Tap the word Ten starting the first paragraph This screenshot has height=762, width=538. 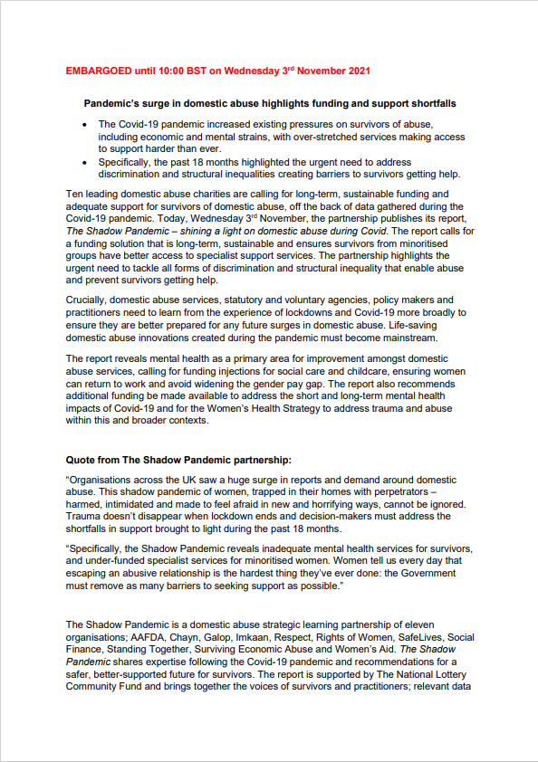(76, 194)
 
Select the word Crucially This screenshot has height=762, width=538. (90, 300)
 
